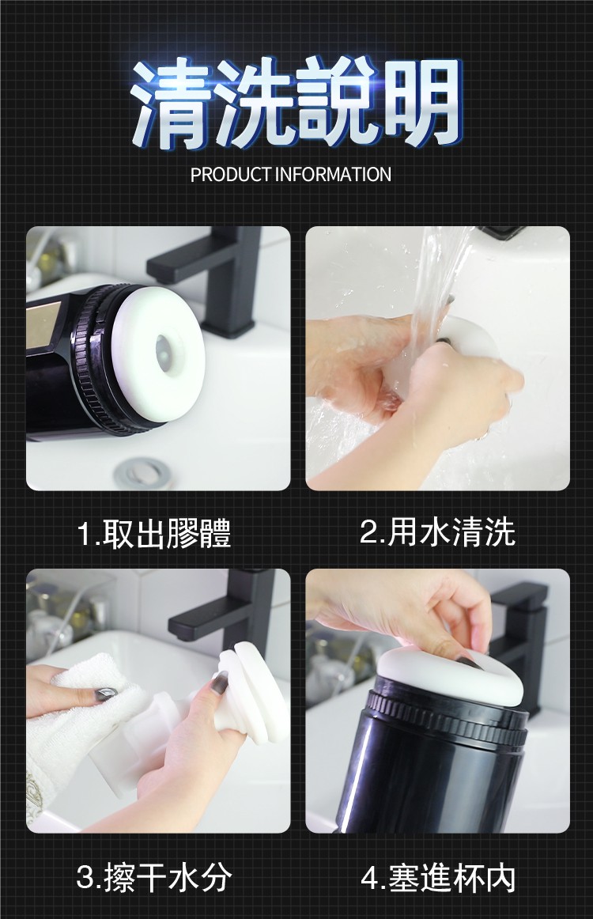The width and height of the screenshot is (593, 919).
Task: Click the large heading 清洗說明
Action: point(296,103)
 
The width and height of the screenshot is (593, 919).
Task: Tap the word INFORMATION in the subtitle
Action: point(333,174)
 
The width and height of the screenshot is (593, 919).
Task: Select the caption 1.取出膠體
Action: point(154,533)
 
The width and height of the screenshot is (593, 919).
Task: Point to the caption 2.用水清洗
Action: point(437,532)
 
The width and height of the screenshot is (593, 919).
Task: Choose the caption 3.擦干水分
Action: point(154,878)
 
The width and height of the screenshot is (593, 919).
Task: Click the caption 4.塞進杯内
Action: point(438,878)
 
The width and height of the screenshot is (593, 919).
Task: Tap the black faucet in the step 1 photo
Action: point(217,275)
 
